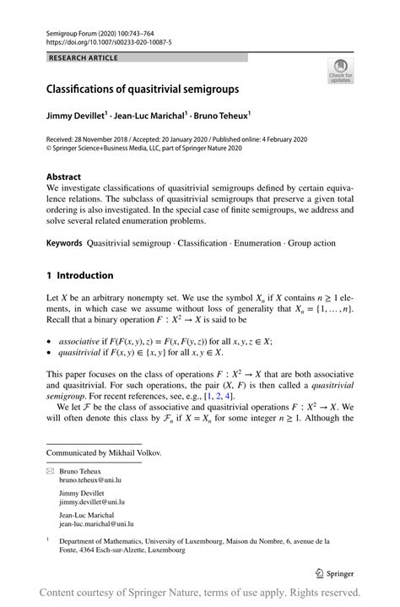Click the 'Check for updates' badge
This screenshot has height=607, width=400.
coord(340,71)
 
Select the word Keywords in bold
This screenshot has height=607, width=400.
coord(64,243)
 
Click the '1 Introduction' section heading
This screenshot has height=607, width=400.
coord(79,275)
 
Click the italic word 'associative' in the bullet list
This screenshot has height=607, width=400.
coord(75,342)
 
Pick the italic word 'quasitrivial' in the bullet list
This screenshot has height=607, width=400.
coord(77,353)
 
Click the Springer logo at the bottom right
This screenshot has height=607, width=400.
coord(334,573)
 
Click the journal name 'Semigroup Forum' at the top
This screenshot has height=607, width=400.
coord(73,30)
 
